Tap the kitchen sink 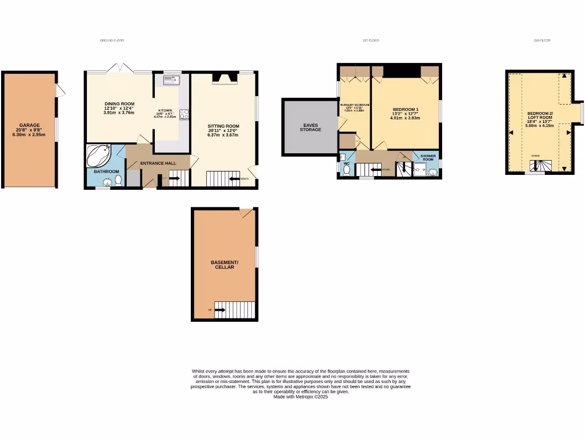click(x=171, y=80)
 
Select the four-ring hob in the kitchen click(x=185, y=114)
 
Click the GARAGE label click(x=30, y=125)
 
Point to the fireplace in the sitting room click(x=224, y=78)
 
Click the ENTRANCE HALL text click(x=158, y=163)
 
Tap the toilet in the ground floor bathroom click(x=118, y=180)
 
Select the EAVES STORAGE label click(x=310, y=127)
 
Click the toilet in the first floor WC click(x=347, y=170)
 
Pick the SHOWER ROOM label click(x=428, y=157)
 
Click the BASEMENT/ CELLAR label click(x=225, y=265)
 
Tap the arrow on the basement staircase click(x=219, y=310)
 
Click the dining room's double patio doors click(x=120, y=69)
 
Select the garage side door click(x=61, y=90)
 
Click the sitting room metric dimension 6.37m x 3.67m click(x=223, y=135)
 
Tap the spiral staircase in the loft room click(x=539, y=166)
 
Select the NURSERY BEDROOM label click(x=355, y=105)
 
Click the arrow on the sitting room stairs click(x=235, y=179)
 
